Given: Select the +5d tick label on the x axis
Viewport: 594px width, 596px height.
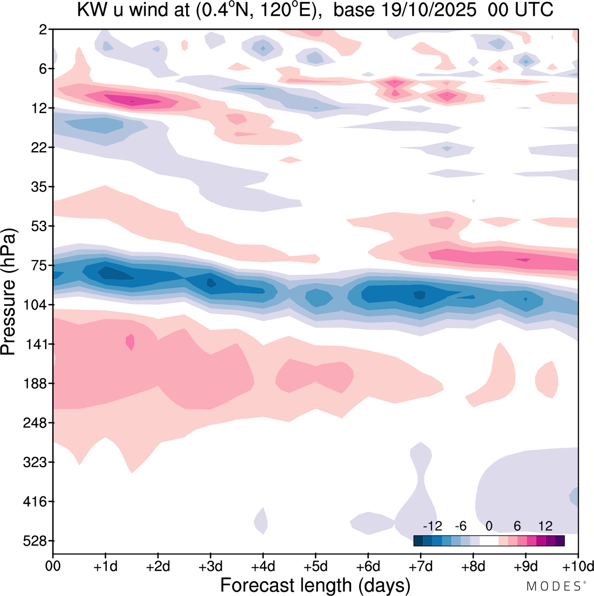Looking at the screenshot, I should (x=315, y=566).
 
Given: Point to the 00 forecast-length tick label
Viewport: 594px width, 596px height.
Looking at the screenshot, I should (x=53, y=566).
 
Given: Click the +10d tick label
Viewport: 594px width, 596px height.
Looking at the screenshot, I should (x=577, y=566).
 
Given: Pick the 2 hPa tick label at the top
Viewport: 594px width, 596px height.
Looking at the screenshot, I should (x=43, y=30).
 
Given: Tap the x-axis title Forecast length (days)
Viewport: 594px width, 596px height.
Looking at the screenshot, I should (x=315, y=585).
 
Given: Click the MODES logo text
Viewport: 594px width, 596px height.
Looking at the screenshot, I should (x=554, y=586).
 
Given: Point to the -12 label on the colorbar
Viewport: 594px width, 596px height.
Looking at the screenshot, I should (x=433, y=526).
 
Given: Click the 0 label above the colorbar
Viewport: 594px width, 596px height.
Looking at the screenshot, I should (x=489, y=526).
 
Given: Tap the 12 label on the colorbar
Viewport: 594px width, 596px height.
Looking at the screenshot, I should (x=545, y=526).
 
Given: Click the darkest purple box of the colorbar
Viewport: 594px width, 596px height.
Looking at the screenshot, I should (x=560, y=540).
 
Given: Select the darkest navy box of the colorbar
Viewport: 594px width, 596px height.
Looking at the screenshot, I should (x=418, y=540).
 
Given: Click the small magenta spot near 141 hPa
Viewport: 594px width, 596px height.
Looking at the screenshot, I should (x=130, y=342).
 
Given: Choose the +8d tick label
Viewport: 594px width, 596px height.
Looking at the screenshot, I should (x=473, y=566).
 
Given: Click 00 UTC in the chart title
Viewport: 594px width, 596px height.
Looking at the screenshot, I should (x=521, y=10).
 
